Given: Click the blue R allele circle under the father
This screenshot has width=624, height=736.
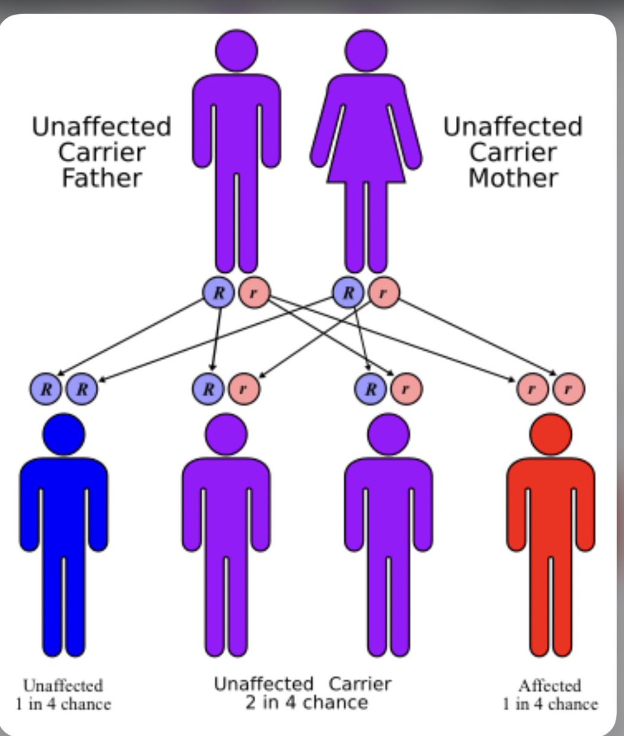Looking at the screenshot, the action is pyautogui.click(x=218, y=292).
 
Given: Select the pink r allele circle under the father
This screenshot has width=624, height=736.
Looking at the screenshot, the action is pyautogui.click(x=253, y=292).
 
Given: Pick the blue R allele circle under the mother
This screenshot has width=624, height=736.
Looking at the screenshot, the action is pyautogui.click(x=348, y=292).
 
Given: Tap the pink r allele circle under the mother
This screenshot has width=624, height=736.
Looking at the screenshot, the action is pyautogui.click(x=383, y=292).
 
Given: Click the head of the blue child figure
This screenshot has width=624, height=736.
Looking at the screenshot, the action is pyautogui.click(x=64, y=434).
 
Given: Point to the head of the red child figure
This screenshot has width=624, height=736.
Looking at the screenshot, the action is pyautogui.click(x=550, y=434).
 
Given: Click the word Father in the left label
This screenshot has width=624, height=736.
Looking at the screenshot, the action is pyautogui.click(x=102, y=178).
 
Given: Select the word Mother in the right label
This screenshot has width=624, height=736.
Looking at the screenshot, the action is pyautogui.click(x=513, y=178).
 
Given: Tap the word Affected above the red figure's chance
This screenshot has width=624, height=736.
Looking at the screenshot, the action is pyautogui.click(x=549, y=685).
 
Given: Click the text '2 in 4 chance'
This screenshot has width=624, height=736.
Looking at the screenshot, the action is pyautogui.click(x=306, y=702).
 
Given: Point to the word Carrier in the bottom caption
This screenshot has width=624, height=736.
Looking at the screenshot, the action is pyautogui.click(x=360, y=683).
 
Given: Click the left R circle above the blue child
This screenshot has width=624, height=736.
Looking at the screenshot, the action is pyautogui.click(x=45, y=388).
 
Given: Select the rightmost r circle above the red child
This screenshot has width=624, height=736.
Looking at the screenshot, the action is pyautogui.click(x=568, y=388).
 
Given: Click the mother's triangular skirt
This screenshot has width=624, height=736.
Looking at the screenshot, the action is pyautogui.click(x=366, y=153).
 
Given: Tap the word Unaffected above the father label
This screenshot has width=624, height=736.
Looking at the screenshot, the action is pyautogui.click(x=101, y=127).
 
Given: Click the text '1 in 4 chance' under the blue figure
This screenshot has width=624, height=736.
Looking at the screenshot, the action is pyautogui.click(x=63, y=703).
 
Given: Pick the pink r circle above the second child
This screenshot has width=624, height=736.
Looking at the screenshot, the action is pyautogui.click(x=244, y=388).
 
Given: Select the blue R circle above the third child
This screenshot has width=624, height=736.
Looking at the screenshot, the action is pyautogui.click(x=371, y=388).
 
